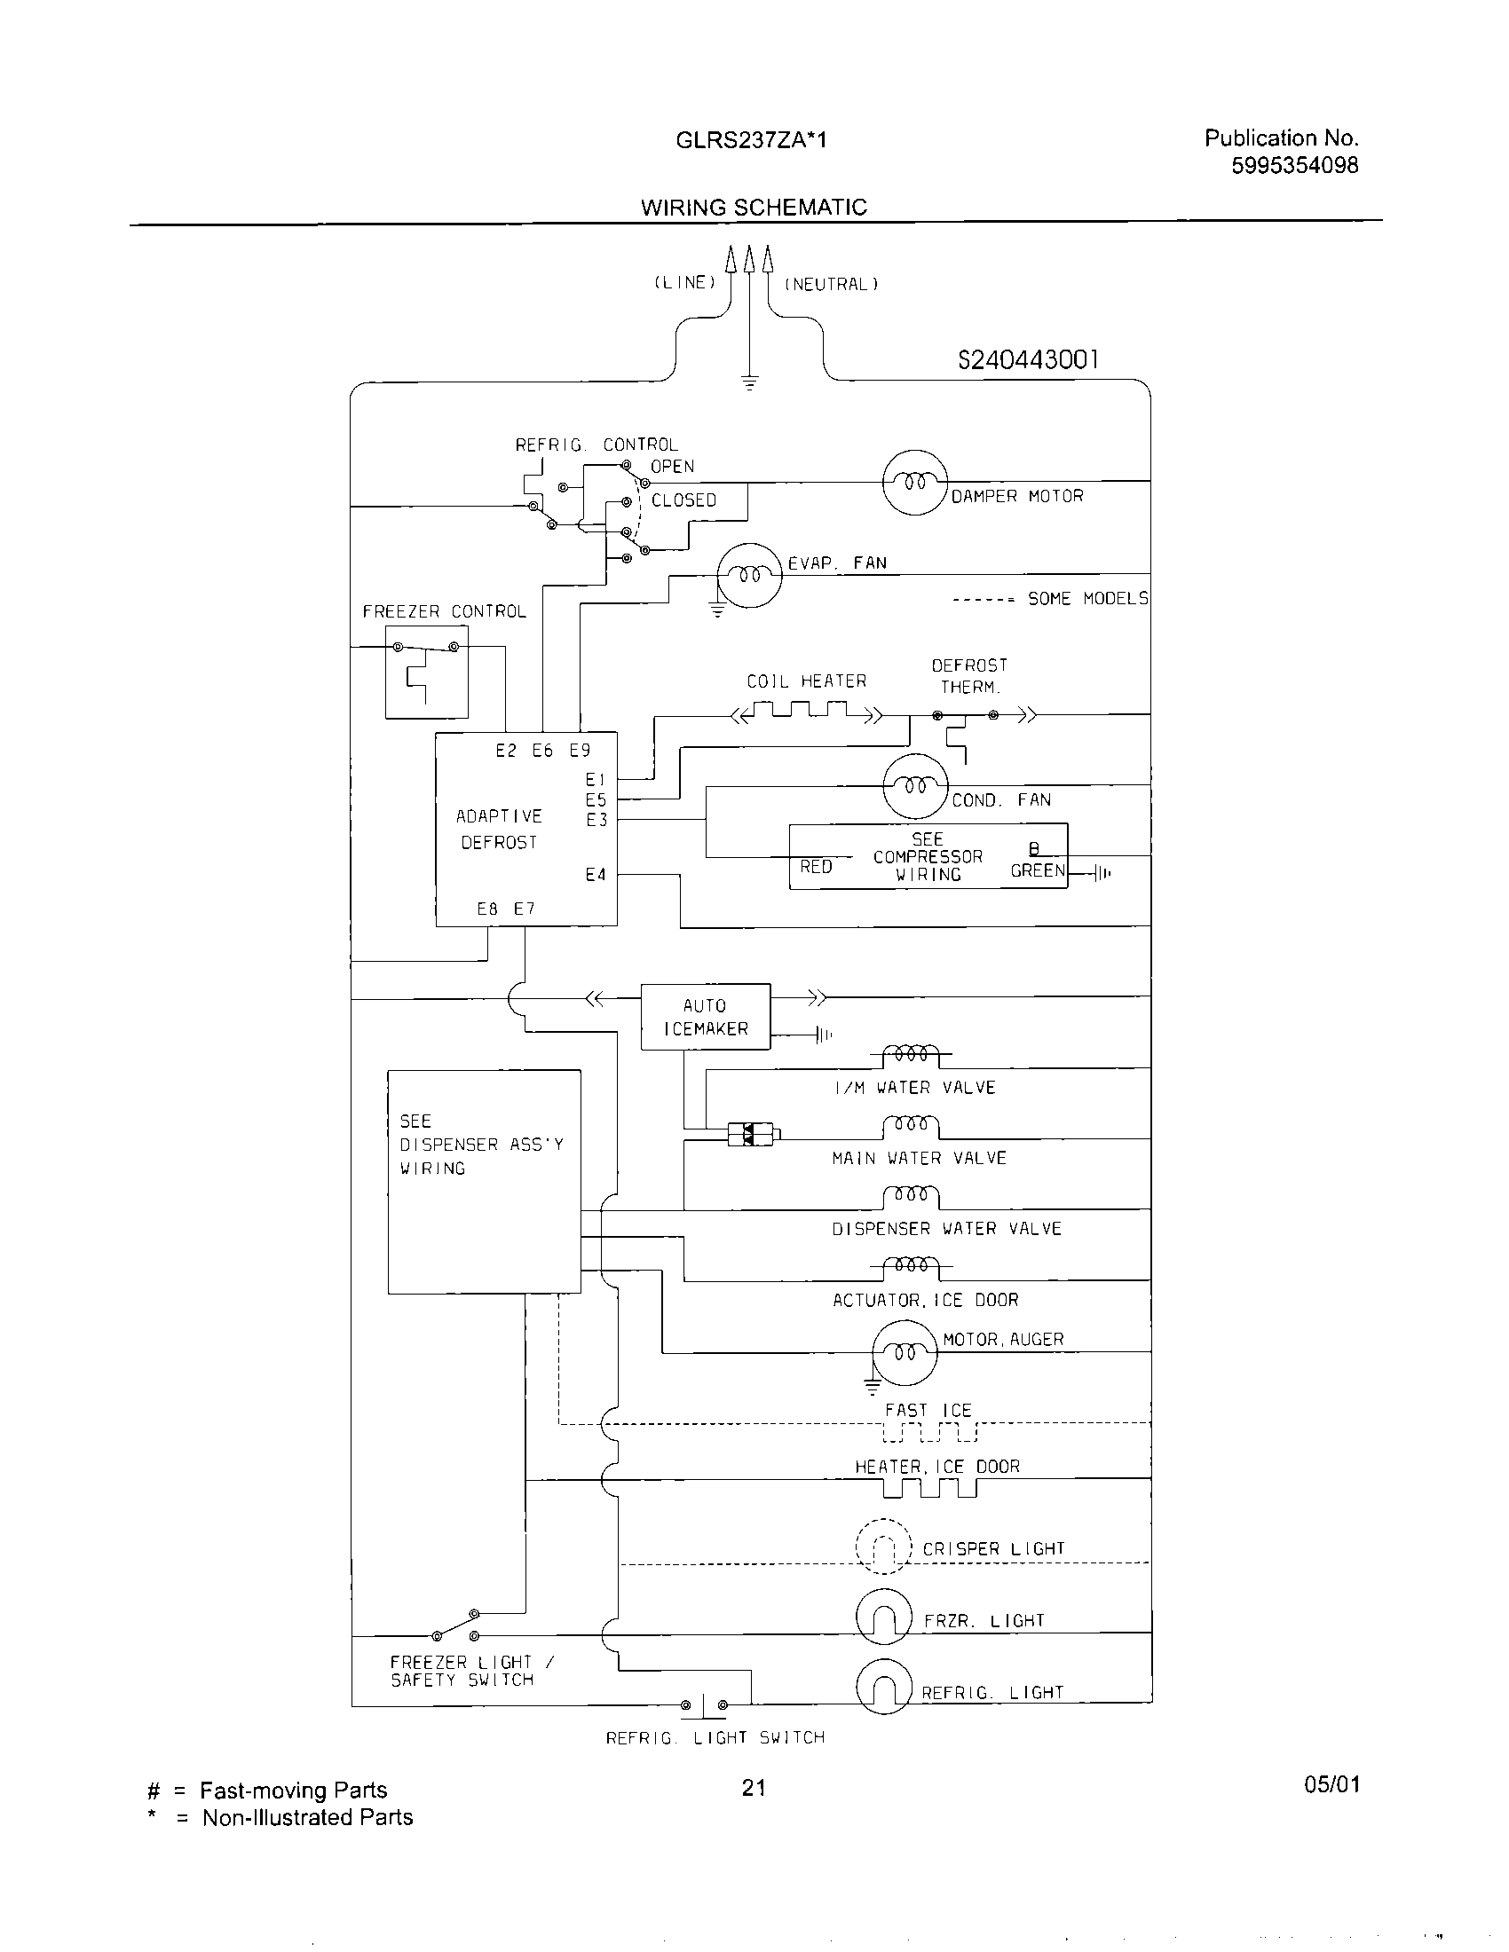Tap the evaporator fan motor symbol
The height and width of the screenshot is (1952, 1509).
(750, 575)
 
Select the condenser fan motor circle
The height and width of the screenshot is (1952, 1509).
(914, 785)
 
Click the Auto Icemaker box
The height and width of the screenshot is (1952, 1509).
(706, 1016)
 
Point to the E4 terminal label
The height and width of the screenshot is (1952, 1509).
(596, 874)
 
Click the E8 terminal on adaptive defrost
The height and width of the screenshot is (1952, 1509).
(487, 909)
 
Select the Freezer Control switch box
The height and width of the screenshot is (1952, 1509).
(426, 672)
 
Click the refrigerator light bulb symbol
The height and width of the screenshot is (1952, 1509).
(883, 1688)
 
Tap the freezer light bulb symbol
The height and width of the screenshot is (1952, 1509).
(883, 1616)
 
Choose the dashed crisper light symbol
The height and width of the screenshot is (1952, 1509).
(883, 1546)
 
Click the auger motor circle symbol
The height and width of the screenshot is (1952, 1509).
(905, 1352)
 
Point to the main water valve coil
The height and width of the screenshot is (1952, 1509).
(910, 1124)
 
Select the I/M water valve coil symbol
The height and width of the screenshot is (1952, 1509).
(910, 1055)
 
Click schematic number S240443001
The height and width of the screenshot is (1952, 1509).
(1028, 359)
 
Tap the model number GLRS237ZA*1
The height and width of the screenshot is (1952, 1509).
(751, 139)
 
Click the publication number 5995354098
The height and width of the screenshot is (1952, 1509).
(1294, 165)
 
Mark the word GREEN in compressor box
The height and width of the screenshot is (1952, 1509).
(1037, 870)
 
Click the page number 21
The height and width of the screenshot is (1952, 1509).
(754, 1788)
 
